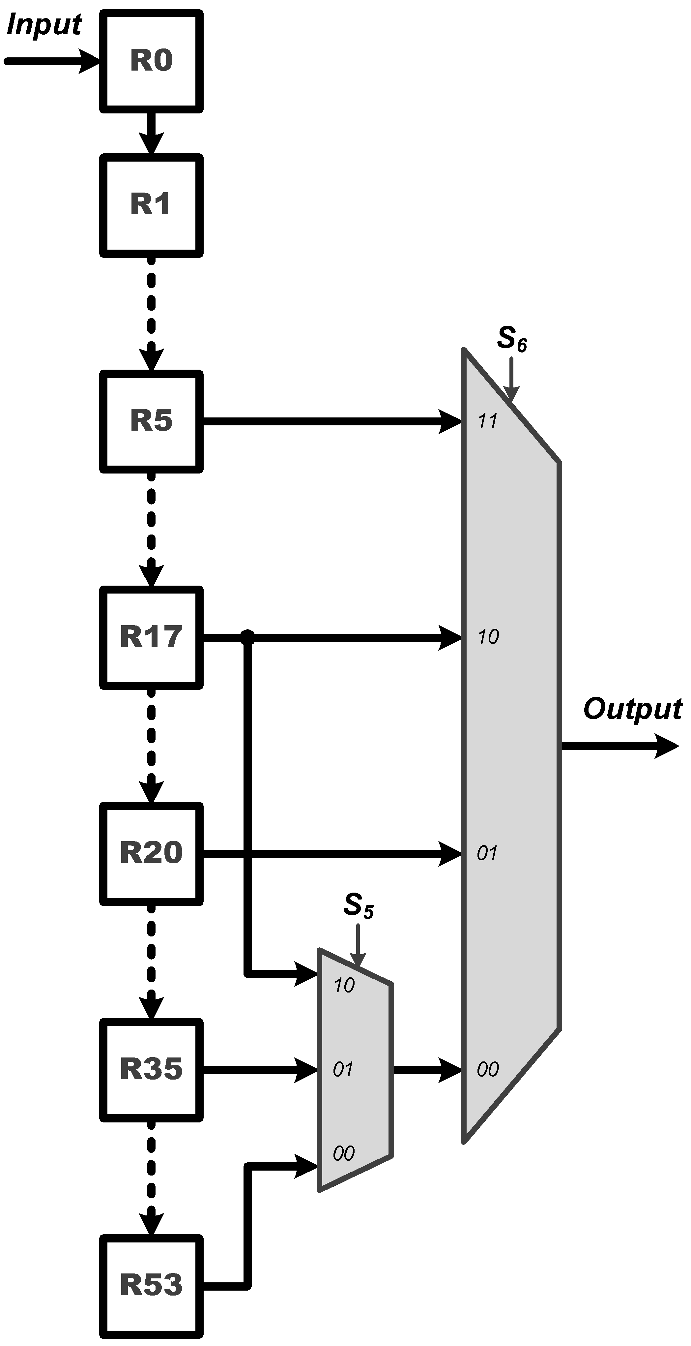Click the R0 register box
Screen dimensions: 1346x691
pos(151,61)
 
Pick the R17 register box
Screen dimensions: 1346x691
pos(151,637)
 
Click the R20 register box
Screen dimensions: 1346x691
pos(151,854)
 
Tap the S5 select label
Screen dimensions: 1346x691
pos(358,905)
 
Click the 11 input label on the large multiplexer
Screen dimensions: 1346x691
pos(488,421)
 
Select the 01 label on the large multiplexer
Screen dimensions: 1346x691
pos(487,854)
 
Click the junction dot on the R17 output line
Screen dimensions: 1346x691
pos(247,637)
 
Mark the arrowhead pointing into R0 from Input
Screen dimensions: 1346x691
pos(89,61)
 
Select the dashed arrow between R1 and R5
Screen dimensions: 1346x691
pos(151,314)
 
